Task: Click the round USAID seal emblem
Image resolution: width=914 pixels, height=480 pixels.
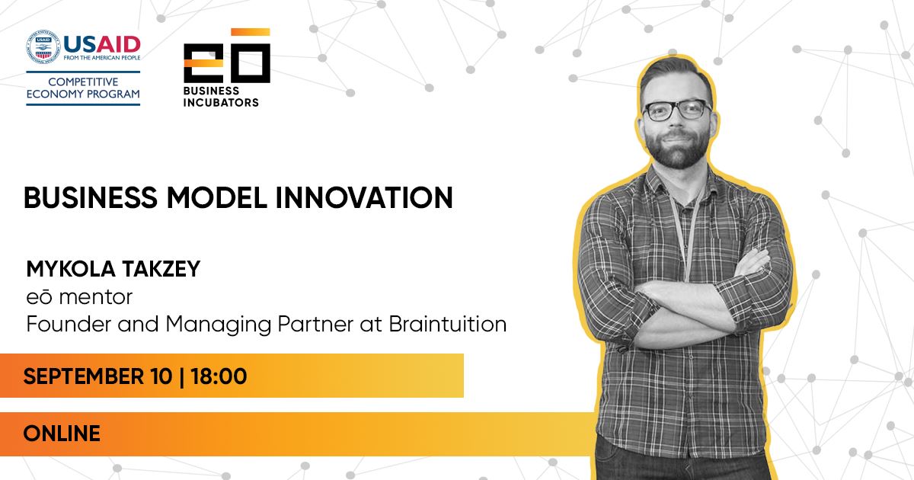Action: pos(43,47)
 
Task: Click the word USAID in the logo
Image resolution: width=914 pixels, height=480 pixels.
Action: pos(102,44)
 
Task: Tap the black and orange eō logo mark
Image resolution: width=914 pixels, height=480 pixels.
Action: pos(227,56)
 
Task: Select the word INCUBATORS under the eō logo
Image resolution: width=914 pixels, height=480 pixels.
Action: pos(221,102)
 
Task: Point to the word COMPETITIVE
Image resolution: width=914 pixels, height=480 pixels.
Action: pos(83,82)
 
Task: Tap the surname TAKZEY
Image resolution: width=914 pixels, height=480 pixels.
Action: pos(161,269)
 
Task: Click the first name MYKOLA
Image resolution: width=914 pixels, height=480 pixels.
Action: pos(71,269)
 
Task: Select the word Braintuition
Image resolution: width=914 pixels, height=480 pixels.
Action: pos(448,324)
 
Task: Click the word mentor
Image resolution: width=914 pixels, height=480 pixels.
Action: pos(95,297)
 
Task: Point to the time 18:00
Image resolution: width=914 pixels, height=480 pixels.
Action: pos(219,376)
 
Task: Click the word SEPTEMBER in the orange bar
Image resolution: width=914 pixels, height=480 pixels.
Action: pos(84,376)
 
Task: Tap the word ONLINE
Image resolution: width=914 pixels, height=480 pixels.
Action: pos(62,434)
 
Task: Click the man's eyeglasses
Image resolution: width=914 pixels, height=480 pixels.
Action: pos(676,110)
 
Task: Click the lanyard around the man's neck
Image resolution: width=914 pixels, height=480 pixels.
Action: pos(687,229)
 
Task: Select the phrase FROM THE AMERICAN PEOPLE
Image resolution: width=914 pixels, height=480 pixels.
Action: pos(102,58)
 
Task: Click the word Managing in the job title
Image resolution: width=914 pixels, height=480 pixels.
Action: pos(219,325)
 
